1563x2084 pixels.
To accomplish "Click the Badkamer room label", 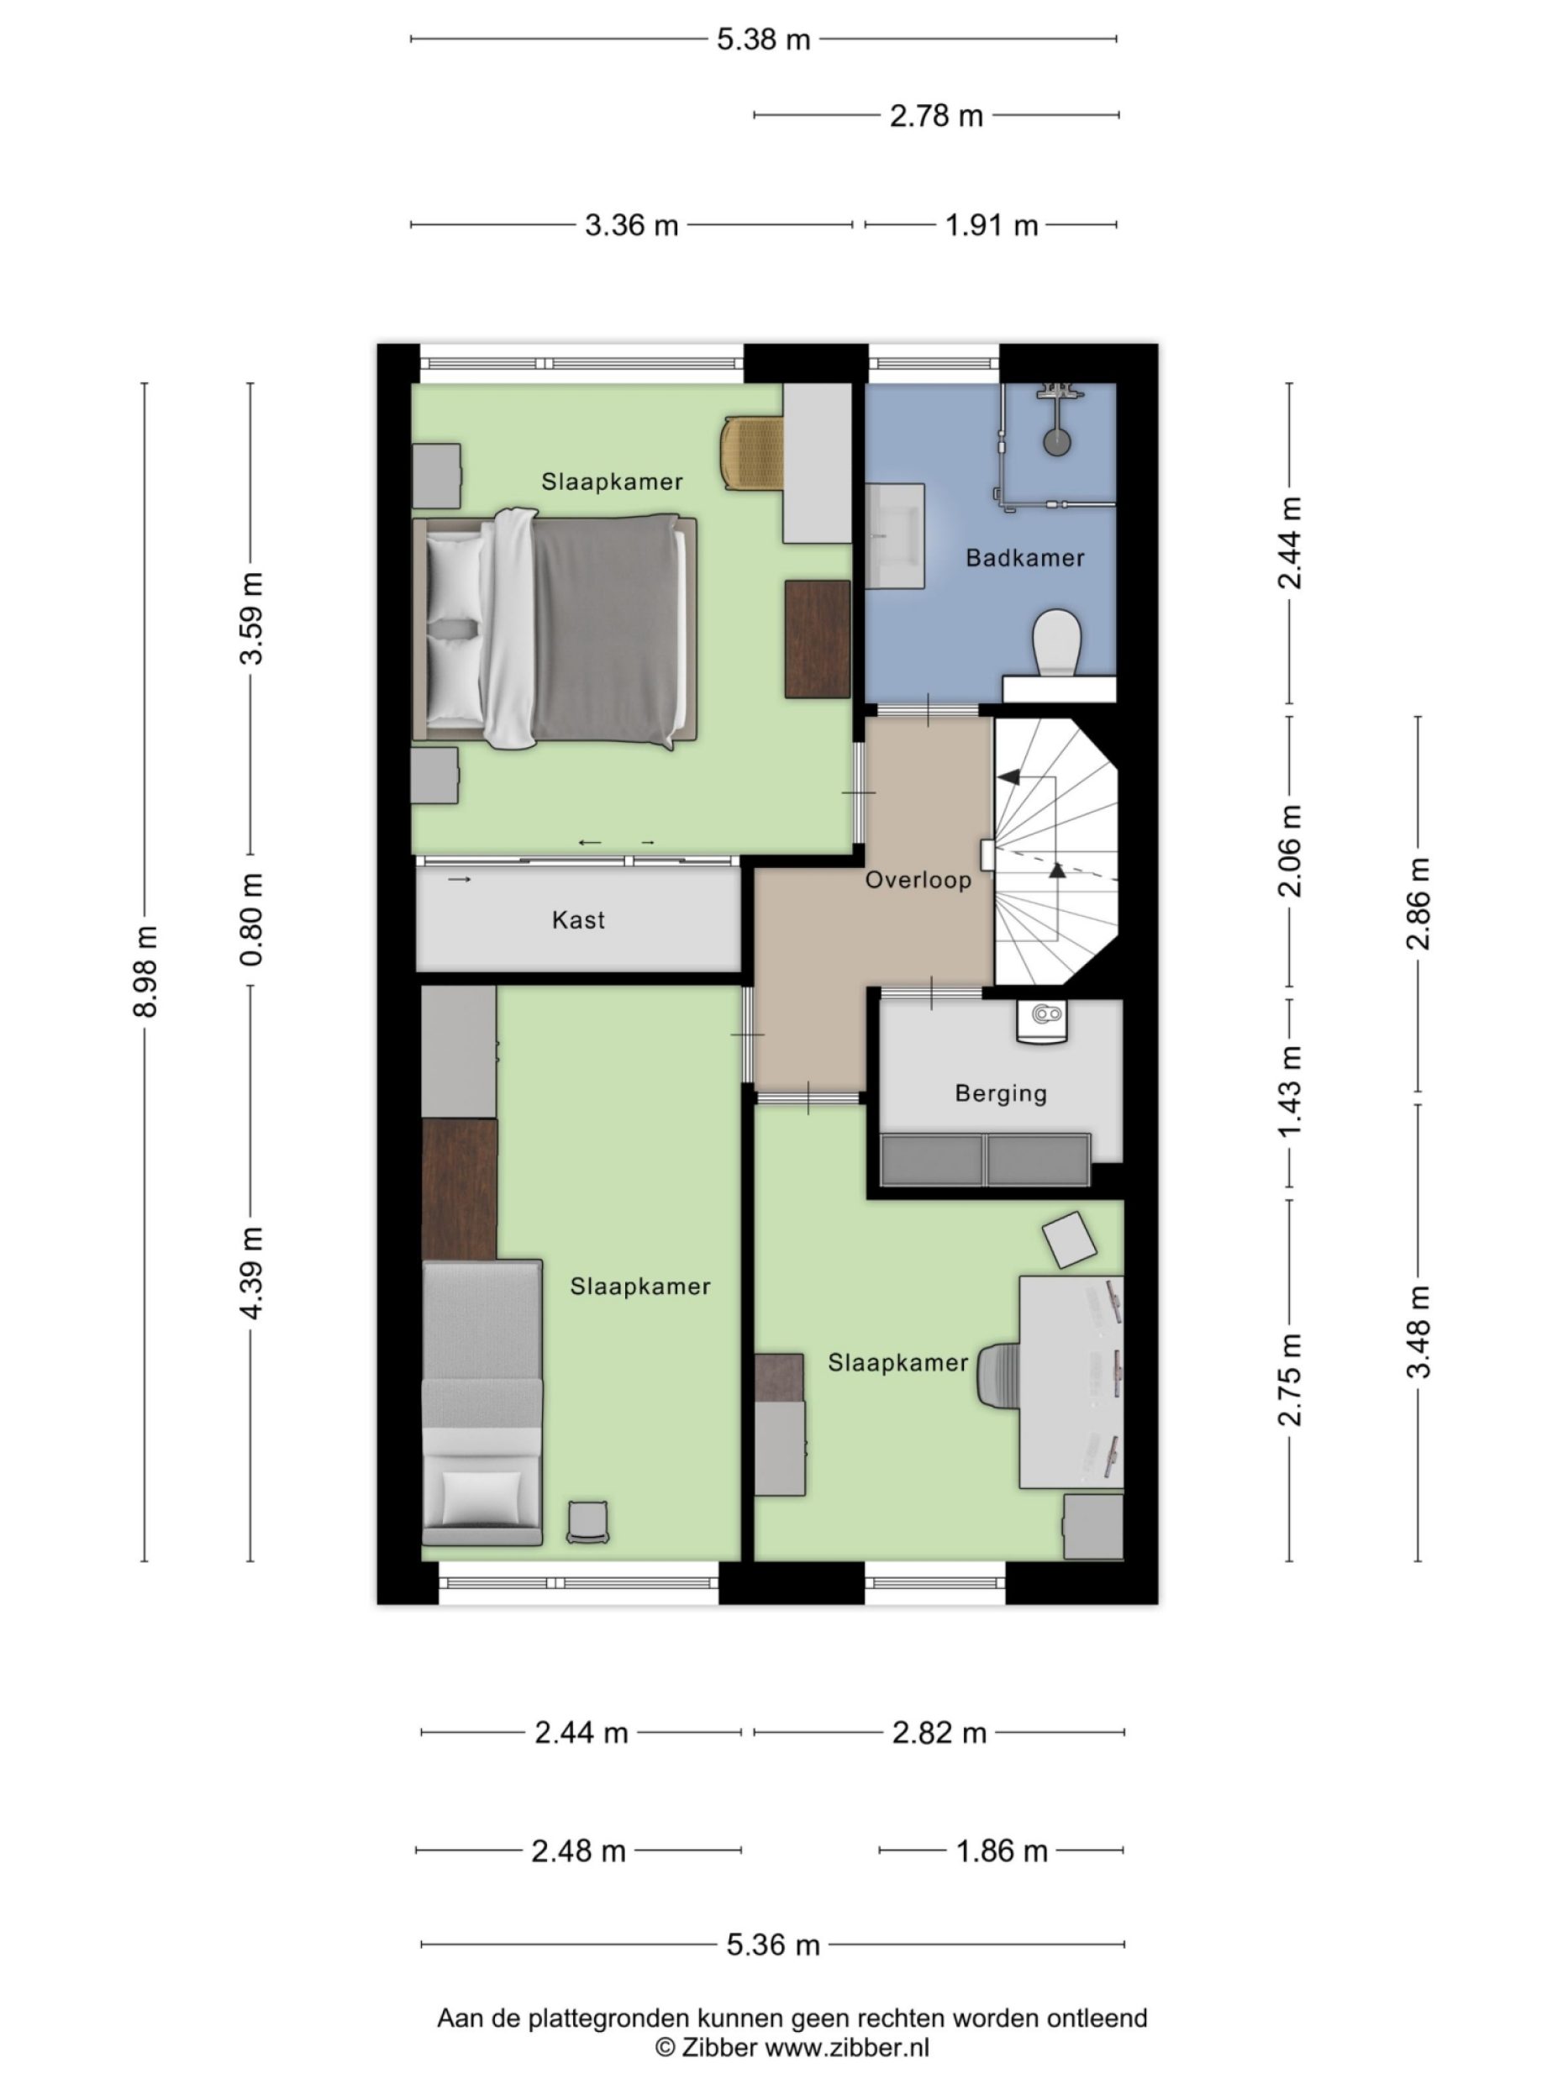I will [1024, 558].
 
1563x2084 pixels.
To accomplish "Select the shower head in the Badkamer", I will [1057, 439].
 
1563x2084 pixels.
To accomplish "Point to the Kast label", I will [578, 919].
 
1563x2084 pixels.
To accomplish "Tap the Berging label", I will [1001, 1093].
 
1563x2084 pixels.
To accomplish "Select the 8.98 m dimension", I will [145, 971].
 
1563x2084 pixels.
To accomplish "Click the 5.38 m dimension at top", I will [763, 39].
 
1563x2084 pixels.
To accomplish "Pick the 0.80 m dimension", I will [251, 918].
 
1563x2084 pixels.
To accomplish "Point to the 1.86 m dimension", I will [1002, 1851].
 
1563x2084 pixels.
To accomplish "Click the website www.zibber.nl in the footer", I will [846, 2046].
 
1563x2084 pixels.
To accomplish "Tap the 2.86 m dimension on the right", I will [1418, 903].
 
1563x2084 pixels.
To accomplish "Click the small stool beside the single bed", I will [587, 1523].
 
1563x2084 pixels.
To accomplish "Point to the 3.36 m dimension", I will [631, 225].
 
